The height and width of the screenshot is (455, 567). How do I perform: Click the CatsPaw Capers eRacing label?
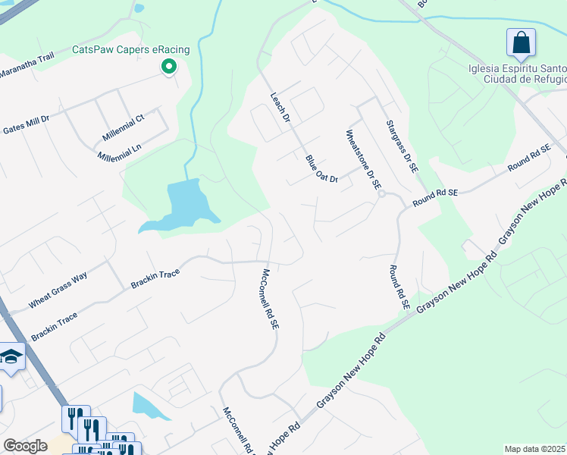point(119,50)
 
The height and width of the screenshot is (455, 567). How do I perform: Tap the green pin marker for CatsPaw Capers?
point(168,68)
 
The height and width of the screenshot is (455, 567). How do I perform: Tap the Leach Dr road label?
point(280,108)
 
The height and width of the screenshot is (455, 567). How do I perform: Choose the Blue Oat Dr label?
point(321,168)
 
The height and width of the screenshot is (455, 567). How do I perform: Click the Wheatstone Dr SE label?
point(361,158)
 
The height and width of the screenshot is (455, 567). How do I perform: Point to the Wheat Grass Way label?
point(58,290)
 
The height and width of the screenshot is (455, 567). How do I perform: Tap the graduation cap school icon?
point(11,356)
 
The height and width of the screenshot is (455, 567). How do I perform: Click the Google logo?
point(25,446)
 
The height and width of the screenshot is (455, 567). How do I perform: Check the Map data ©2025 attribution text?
point(535,449)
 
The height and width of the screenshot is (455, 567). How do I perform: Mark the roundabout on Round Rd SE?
point(384,194)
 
